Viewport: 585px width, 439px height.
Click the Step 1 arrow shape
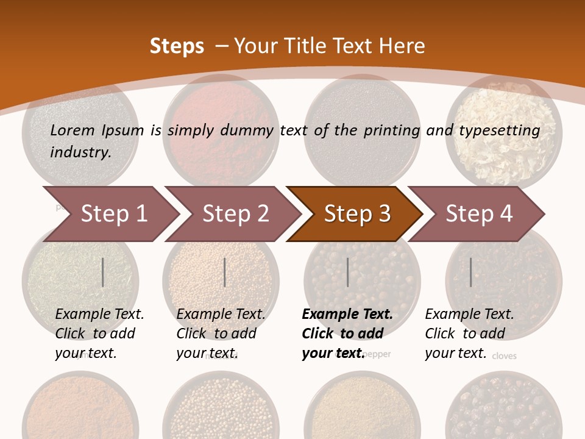coord(113,214)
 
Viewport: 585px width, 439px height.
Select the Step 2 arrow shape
coord(235,214)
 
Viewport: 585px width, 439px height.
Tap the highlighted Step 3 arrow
coord(357,214)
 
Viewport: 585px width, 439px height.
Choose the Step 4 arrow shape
coord(479,214)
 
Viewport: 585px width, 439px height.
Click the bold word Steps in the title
coord(177,46)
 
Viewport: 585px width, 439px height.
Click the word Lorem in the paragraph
coord(73,130)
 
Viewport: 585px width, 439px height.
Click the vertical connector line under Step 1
coord(103,272)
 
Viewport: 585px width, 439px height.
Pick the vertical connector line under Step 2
coord(225,272)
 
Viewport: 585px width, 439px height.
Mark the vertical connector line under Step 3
coord(347,272)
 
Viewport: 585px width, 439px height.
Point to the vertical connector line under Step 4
coord(470,272)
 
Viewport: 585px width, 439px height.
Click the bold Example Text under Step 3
coord(347,315)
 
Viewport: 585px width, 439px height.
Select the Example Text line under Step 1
coord(99,315)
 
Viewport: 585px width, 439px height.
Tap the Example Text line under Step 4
coord(469,315)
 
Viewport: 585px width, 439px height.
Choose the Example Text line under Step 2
coord(221,315)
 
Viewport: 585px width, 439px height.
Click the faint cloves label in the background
coord(504,355)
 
